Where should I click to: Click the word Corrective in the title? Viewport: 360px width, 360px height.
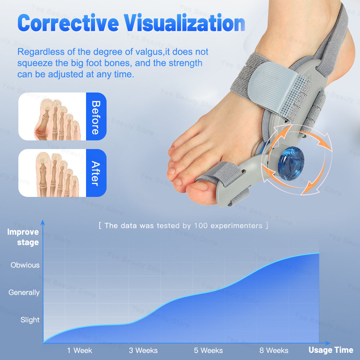[68, 23]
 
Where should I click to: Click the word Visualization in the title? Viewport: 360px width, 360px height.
[184, 23]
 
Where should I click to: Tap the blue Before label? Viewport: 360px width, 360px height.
[96, 117]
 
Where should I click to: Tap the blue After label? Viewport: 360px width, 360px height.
[96, 173]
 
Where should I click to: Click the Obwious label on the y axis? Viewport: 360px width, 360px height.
[25, 265]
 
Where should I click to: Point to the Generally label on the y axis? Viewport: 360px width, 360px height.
[24, 293]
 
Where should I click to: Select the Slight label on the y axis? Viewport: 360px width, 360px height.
[30, 320]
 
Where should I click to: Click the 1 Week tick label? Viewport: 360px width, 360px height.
[80, 350]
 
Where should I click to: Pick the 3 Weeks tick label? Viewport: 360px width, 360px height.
[143, 350]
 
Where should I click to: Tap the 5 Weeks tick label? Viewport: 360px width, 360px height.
[208, 350]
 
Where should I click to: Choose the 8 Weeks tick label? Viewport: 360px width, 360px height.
[274, 350]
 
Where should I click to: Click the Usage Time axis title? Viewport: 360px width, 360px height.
[331, 350]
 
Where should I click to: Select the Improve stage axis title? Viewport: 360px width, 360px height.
[23, 237]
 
